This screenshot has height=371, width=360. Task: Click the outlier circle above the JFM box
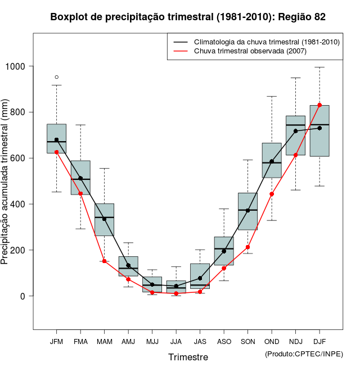[x=56, y=77]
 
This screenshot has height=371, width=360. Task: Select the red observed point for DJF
[x=319, y=105]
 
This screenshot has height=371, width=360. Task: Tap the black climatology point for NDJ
[x=295, y=131]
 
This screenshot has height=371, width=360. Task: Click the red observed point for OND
[x=272, y=194]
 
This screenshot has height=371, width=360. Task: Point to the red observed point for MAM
[x=104, y=261]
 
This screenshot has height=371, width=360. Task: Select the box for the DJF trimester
[x=319, y=130]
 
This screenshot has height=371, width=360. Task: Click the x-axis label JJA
[x=176, y=341]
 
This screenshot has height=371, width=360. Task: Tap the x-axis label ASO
[x=224, y=341]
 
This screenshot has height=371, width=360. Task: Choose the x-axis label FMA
[x=80, y=341]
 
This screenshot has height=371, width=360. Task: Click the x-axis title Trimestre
[x=188, y=357]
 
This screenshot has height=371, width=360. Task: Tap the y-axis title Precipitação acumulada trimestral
[x=6, y=182]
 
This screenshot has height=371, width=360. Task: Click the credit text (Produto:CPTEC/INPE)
[x=304, y=354]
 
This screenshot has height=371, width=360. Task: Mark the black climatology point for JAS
[x=200, y=278]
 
